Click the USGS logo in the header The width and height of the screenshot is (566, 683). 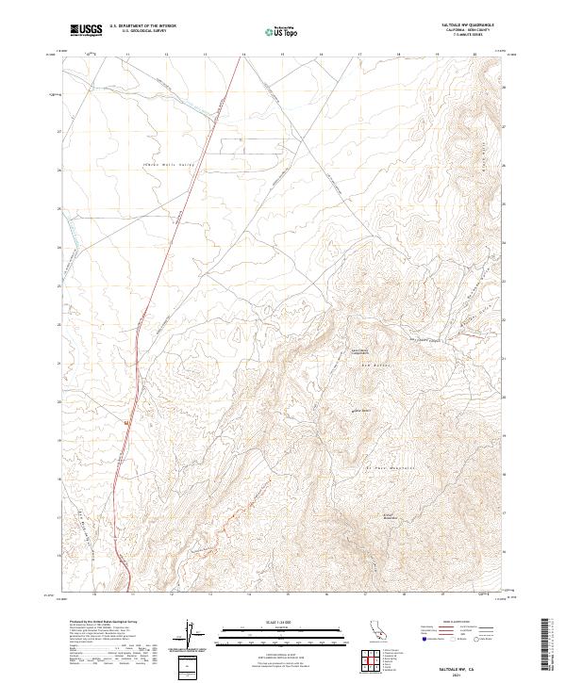(x=86, y=31)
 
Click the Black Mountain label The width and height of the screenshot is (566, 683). (x=389, y=516)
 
